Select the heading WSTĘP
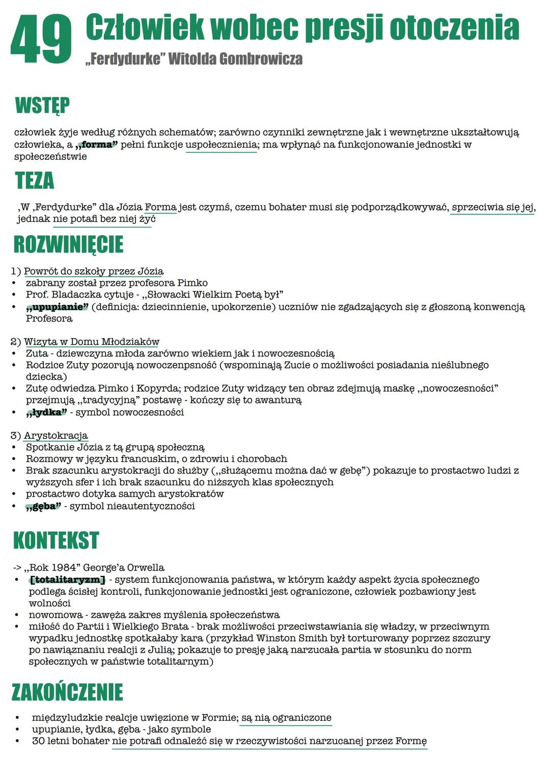42,105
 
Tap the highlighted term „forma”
96,145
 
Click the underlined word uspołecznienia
221,145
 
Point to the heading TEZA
35,181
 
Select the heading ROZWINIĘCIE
68,245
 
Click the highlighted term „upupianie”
57,307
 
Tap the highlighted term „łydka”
46,412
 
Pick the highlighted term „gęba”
43,506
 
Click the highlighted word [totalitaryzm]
67,580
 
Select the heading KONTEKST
56,541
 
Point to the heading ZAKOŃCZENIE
67,692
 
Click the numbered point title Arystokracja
56,436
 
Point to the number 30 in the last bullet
38,741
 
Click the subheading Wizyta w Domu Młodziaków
92,342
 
